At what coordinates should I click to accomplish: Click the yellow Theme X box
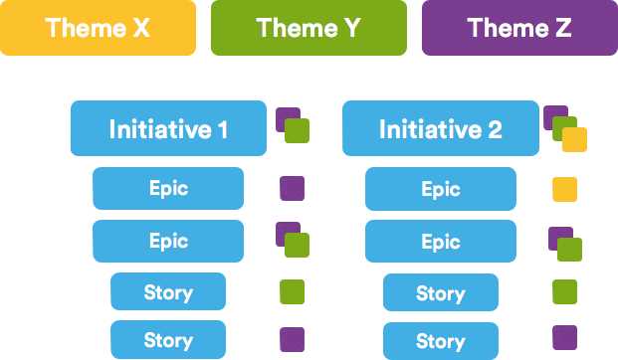[x=98, y=28]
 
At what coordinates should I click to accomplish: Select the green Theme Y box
[x=309, y=28]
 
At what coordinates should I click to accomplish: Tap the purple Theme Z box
[x=518, y=28]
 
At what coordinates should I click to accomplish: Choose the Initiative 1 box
[x=167, y=129]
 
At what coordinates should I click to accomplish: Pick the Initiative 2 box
[x=440, y=129]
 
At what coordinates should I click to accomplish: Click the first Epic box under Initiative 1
[x=168, y=188]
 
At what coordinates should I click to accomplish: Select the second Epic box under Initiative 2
[x=440, y=242]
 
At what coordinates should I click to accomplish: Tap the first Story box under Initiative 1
[x=168, y=292]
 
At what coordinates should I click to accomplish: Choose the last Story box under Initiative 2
[x=440, y=341]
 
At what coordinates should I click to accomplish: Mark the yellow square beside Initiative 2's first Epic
[x=564, y=189]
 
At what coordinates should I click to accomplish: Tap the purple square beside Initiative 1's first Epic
[x=292, y=189]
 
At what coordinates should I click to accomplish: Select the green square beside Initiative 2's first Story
[x=564, y=291]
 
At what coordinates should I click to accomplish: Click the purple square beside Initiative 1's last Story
[x=292, y=339]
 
